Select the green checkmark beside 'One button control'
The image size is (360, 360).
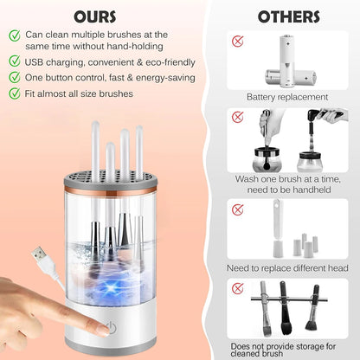[16, 77]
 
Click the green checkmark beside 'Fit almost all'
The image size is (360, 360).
[16, 93]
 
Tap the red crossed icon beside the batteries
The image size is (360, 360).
[236, 41]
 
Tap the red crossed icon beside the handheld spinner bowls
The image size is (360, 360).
[236, 116]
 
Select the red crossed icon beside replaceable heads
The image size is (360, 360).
[236, 206]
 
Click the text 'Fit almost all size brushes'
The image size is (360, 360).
[80, 93]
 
